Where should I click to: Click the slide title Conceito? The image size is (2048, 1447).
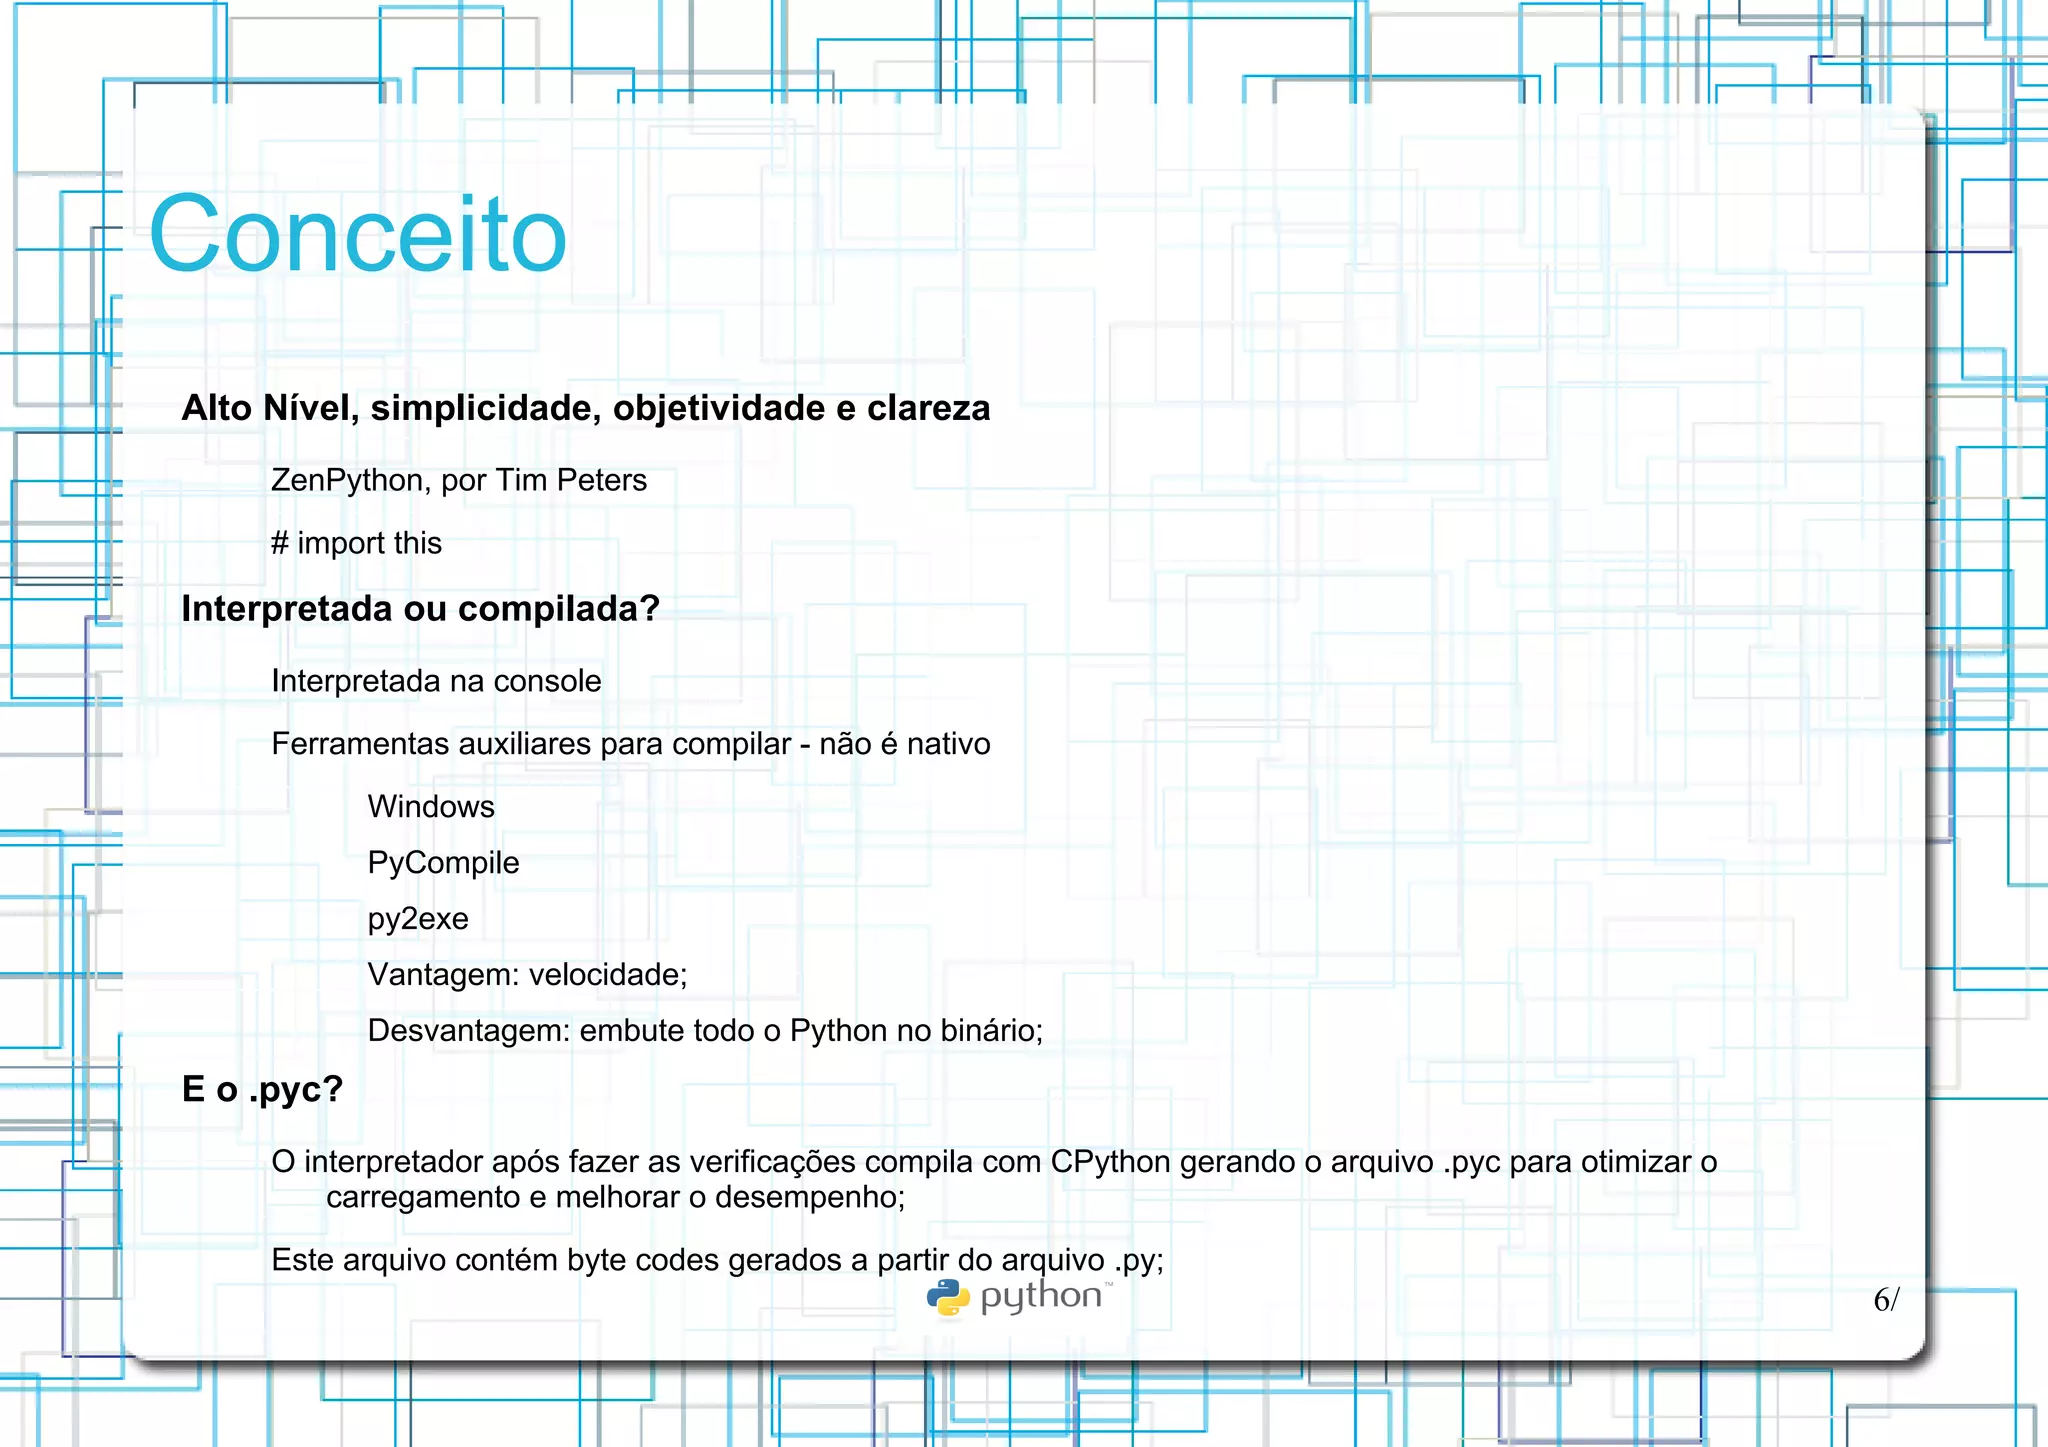pos(358,235)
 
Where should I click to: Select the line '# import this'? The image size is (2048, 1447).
pos(356,543)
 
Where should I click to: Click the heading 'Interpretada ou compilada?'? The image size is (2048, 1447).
pos(420,609)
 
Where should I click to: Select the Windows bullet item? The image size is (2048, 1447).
pos(431,807)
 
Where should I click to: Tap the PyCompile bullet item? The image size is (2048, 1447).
pos(443,863)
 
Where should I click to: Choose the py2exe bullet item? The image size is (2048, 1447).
pos(418,919)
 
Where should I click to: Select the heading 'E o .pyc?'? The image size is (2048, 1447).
pos(262,1089)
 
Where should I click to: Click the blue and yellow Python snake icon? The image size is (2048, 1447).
pos(948,1298)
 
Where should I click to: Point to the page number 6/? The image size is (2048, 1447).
pos(1885,1300)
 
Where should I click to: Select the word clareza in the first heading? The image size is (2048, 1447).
pos(928,409)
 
